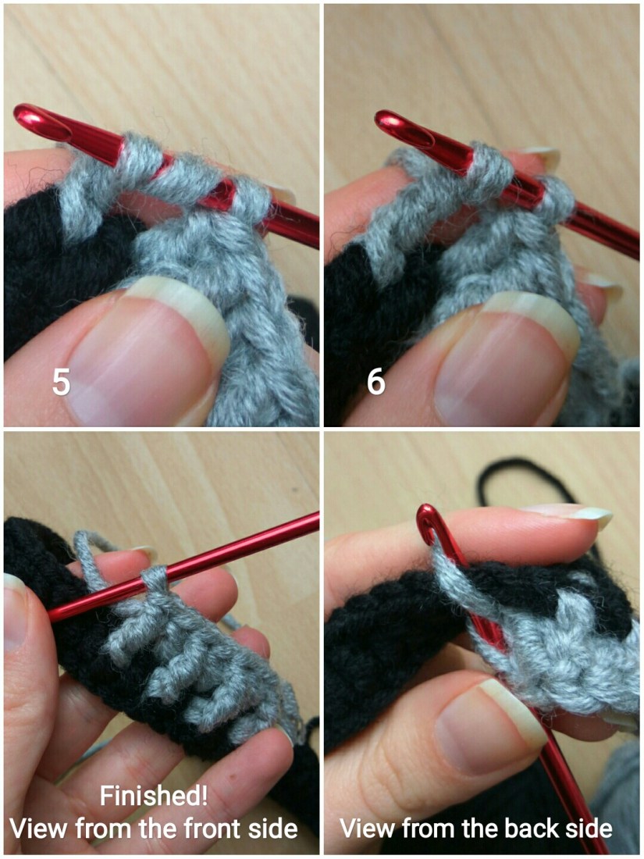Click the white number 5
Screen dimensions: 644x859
click(61, 381)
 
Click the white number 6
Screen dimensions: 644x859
click(376, 381)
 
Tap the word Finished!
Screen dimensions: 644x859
click(153, 796)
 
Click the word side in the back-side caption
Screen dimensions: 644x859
click(588, 829)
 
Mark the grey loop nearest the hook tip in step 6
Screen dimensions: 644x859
click(489, 164)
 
